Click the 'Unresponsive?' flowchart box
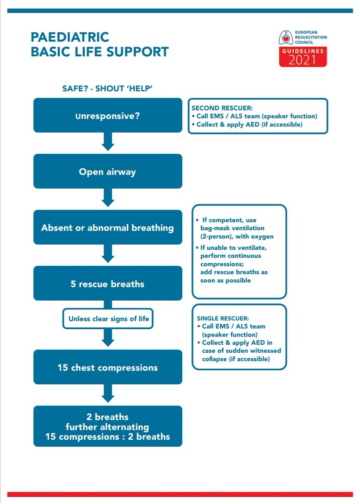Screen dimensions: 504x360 [x=108, y=115]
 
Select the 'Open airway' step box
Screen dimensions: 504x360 [x=108, y=171]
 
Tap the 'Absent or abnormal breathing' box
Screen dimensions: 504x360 [x=108, y=228]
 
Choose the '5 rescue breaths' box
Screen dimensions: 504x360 [x=108, y=283]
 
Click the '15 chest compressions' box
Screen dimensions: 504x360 [x=108, y=367]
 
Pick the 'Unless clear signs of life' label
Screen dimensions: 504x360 [x=108, y=319]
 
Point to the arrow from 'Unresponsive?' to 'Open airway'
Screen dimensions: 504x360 [x=108, y=142]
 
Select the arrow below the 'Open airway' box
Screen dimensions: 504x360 [x=108, y=198]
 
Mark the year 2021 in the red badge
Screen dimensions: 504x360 [x=303, y=60]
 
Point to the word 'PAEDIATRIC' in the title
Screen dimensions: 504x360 [x=70, y=37]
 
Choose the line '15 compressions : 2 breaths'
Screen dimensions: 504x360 [x=108, y=436]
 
